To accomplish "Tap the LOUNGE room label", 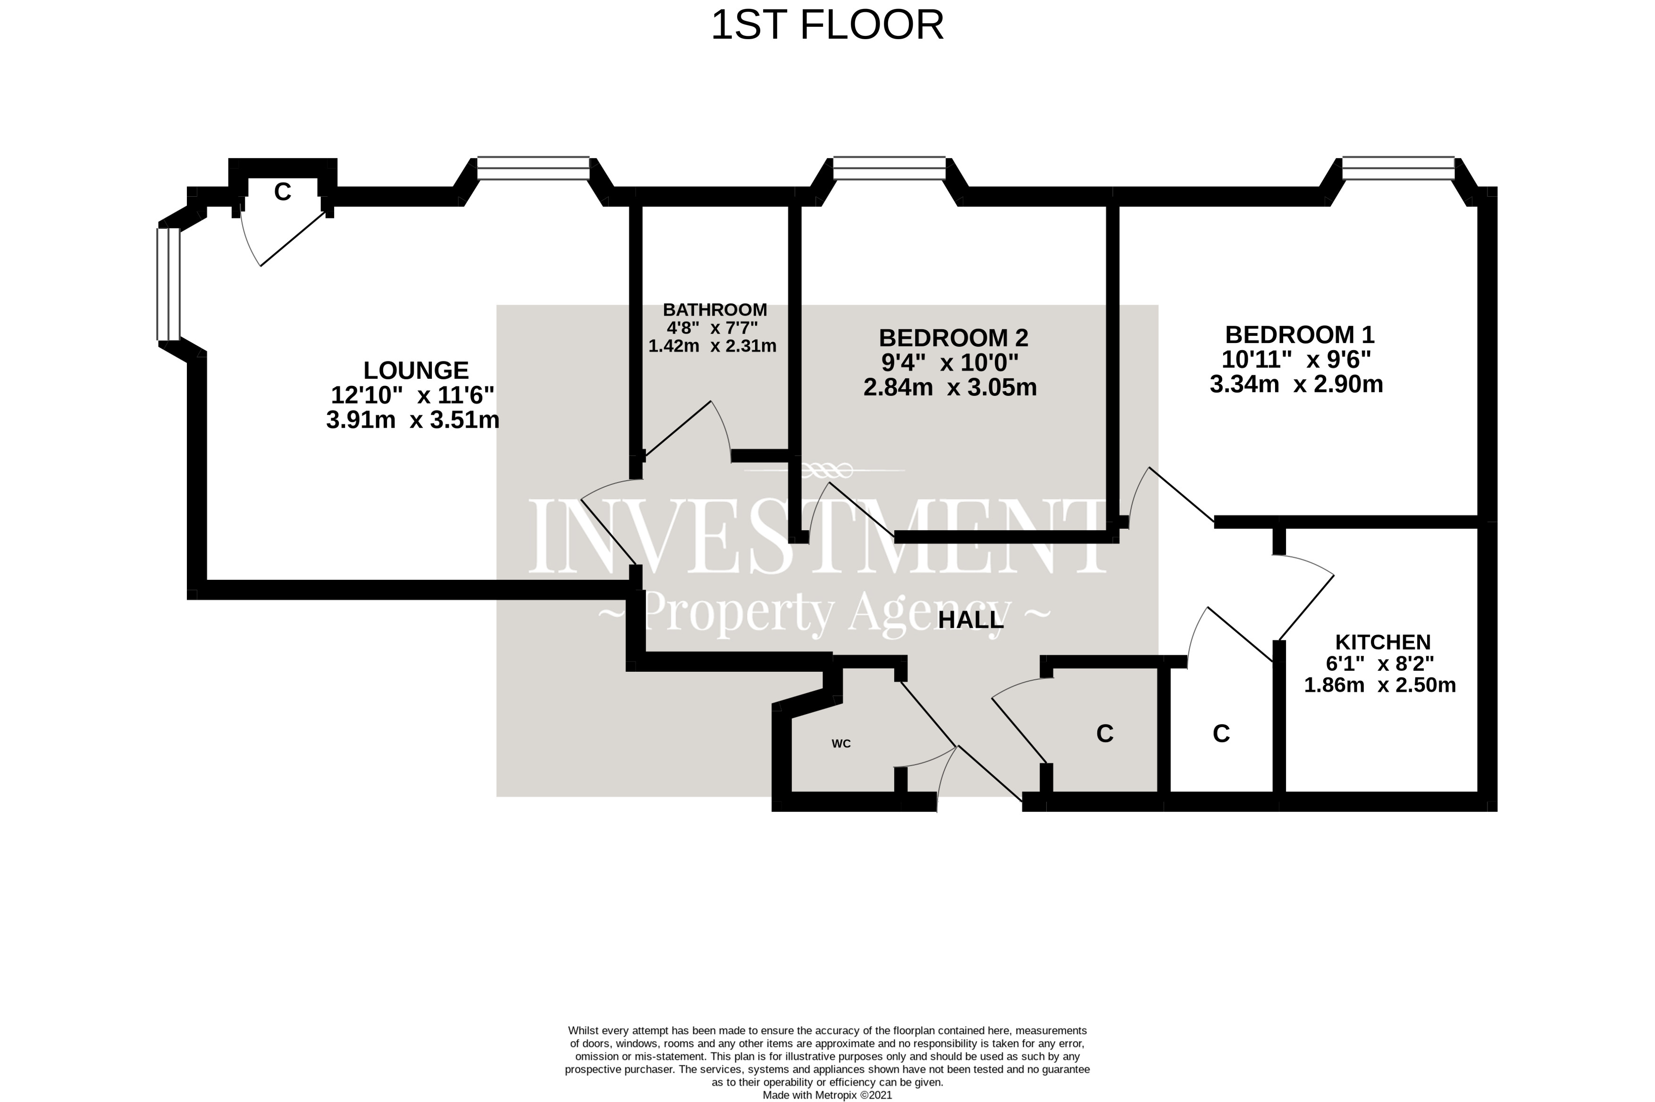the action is tap(415, 370).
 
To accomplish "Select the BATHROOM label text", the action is tap(714, 309).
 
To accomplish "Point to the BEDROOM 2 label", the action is tap(953, 338).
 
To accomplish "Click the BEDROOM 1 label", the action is tap(1299, 334).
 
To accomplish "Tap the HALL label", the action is tap(970, 620).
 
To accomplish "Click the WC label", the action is tap(841, 743).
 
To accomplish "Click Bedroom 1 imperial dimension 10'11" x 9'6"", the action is tap(1296, 360).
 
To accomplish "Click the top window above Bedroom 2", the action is tap(889, 168).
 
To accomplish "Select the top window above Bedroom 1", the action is tap(1398, 168).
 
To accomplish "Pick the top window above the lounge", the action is tap(533, 168).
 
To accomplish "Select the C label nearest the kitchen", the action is tap(1221, 734).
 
